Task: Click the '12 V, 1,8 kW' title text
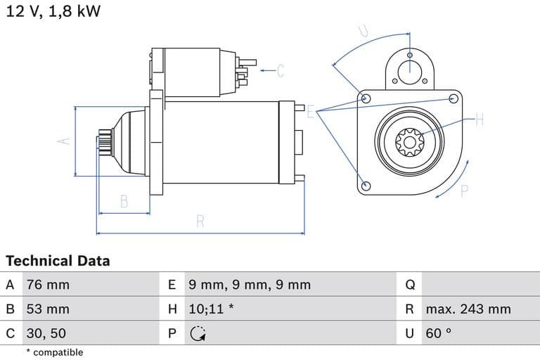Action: pos(53,12)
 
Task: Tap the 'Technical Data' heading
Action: pos(58,261)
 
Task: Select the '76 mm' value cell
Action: pos(48,285)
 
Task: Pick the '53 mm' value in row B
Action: pos(48,309)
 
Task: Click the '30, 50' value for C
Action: pos(46,333)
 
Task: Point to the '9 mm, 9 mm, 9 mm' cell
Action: pos(249,285)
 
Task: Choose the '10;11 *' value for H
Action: pos(211,309)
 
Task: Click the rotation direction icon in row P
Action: pos(198,333)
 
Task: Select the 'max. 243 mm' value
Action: pos(468,309)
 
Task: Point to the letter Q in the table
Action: pos(410,285)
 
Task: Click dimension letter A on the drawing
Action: pos(64,141)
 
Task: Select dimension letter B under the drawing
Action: pos(124,201)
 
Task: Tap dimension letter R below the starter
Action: pos(200,221)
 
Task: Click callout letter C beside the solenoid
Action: pos(280,70)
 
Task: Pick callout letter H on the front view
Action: pos(480,120)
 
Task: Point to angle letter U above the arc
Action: pos(364,30)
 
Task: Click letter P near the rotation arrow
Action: pos(464,191)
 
